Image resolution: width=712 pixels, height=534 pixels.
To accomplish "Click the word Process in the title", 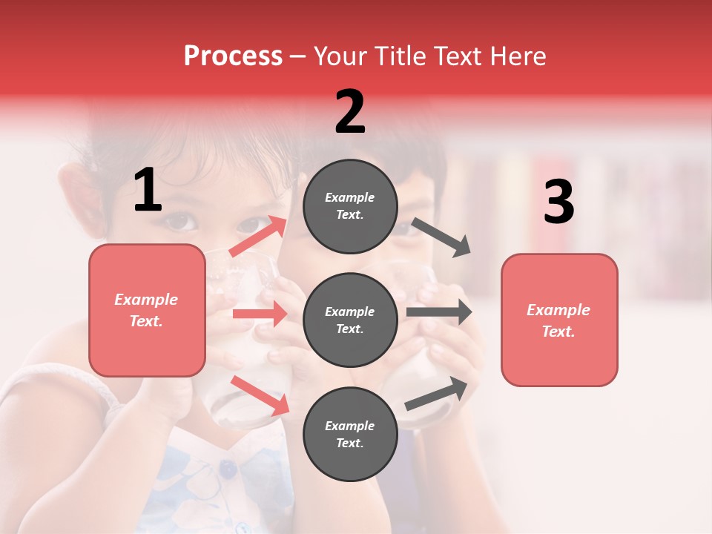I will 233,56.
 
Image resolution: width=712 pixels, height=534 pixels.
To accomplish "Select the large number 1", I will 148,191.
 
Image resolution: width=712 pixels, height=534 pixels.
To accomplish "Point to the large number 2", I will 350,112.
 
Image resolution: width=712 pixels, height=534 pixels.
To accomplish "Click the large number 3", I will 558,202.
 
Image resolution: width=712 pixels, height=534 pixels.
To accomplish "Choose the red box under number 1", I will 147,310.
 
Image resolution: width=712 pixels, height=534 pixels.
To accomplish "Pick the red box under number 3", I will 559,320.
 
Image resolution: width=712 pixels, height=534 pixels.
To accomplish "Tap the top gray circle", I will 350,206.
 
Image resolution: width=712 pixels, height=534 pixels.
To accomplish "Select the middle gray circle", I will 350,320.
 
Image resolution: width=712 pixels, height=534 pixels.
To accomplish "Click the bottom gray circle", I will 350,435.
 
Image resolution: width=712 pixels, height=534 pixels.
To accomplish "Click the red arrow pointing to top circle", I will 258,237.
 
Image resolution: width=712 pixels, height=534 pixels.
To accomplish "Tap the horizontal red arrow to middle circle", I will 259,314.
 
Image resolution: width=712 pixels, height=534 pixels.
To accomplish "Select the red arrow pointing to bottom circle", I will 260,395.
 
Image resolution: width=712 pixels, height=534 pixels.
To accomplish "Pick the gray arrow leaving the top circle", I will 441,237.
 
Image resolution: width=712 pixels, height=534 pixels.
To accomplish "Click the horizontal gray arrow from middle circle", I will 438,311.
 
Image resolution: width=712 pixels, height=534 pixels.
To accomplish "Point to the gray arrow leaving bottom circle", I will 436,394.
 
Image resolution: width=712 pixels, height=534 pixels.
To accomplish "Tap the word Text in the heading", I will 455,56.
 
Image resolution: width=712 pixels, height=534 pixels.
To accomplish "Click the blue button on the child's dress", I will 228,469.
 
